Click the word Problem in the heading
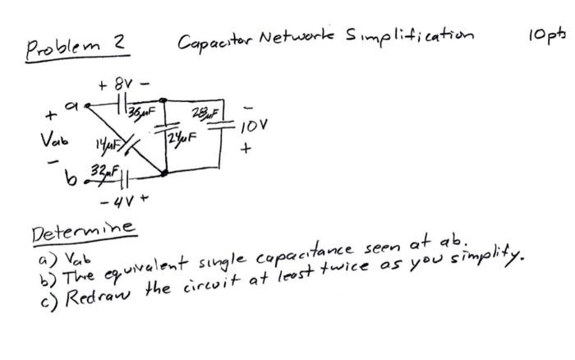tap(68, 44)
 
